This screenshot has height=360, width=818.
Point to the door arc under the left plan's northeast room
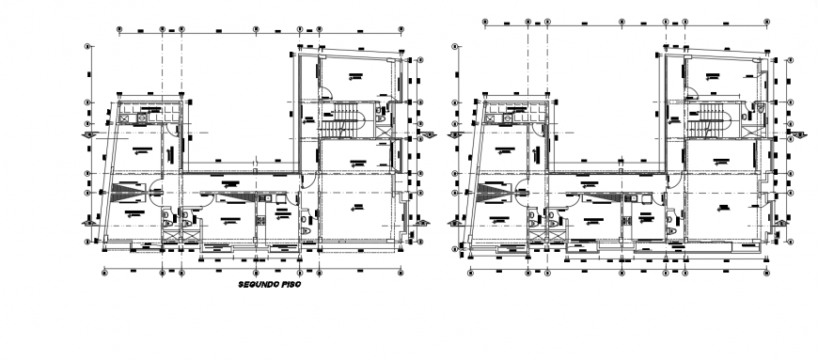click(x=325, y=92)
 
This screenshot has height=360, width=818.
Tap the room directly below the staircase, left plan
click(x=354, y=158)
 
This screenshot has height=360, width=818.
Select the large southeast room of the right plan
click(x=724, y=211)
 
